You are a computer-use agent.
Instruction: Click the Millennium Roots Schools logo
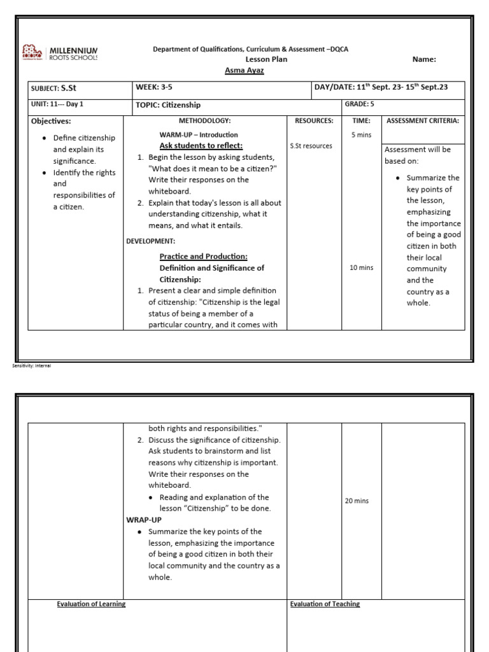click(60, 53)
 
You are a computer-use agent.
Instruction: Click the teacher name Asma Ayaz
click(244, 70)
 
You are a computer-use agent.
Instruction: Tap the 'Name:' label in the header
click(424, 59)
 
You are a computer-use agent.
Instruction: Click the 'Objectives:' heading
click(51, 121)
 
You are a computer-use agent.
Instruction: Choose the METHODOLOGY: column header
click(204, 120)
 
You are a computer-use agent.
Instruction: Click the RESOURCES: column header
click(314, 120)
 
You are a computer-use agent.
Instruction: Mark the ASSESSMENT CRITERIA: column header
click(423, 120)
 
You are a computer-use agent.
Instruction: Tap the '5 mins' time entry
click(362, 135)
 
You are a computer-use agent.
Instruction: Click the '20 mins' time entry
click(357, 501)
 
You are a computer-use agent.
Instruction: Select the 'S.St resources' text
click(311, 146)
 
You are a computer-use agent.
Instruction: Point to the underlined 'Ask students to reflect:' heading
click(201, 145)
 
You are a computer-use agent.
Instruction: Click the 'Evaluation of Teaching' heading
click(325, 604)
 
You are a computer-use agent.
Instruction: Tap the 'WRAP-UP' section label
click(144, 520)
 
